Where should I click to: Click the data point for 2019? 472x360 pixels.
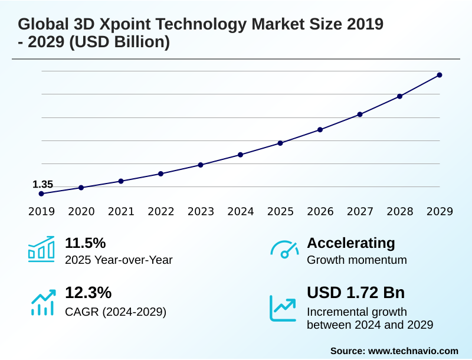(41, 194)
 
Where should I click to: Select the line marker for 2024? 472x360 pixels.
(240, 155)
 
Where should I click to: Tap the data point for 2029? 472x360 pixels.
(440, 75)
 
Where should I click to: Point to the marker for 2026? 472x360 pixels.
(320, 129)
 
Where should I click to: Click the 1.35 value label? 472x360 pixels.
(42, 185)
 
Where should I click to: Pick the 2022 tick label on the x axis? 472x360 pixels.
(160, 211)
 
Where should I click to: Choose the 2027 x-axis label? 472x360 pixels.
(360, 211)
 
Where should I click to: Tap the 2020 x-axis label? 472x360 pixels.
(81, 211)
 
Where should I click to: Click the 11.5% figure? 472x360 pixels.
(85, 243)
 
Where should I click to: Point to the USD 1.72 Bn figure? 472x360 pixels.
(356, 293)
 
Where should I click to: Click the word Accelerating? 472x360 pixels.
(351, 243)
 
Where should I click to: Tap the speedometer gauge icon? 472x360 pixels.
(284, 249)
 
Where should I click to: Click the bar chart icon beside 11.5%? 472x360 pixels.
(41, 249)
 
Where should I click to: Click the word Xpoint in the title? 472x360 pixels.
(122, 25)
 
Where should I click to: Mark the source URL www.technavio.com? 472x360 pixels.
(413, 351)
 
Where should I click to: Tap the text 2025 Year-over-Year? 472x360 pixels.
(119, 260)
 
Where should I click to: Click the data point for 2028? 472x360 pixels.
(399, 96)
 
